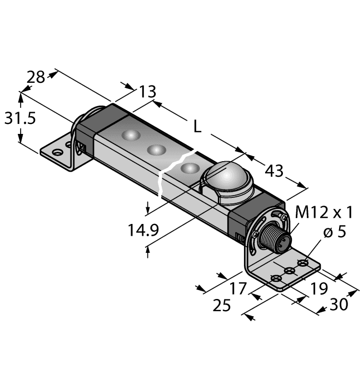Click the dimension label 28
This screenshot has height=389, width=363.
tap(36, 77)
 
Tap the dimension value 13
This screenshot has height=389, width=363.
tap(146, 91)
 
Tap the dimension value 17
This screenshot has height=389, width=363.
tap(237, 288)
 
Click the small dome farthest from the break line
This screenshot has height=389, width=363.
tap(131, 136)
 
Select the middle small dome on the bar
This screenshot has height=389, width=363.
tap(156, 149)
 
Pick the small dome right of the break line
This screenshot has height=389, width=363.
tap(189, 168)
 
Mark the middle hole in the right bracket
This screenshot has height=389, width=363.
tap(289, 270)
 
